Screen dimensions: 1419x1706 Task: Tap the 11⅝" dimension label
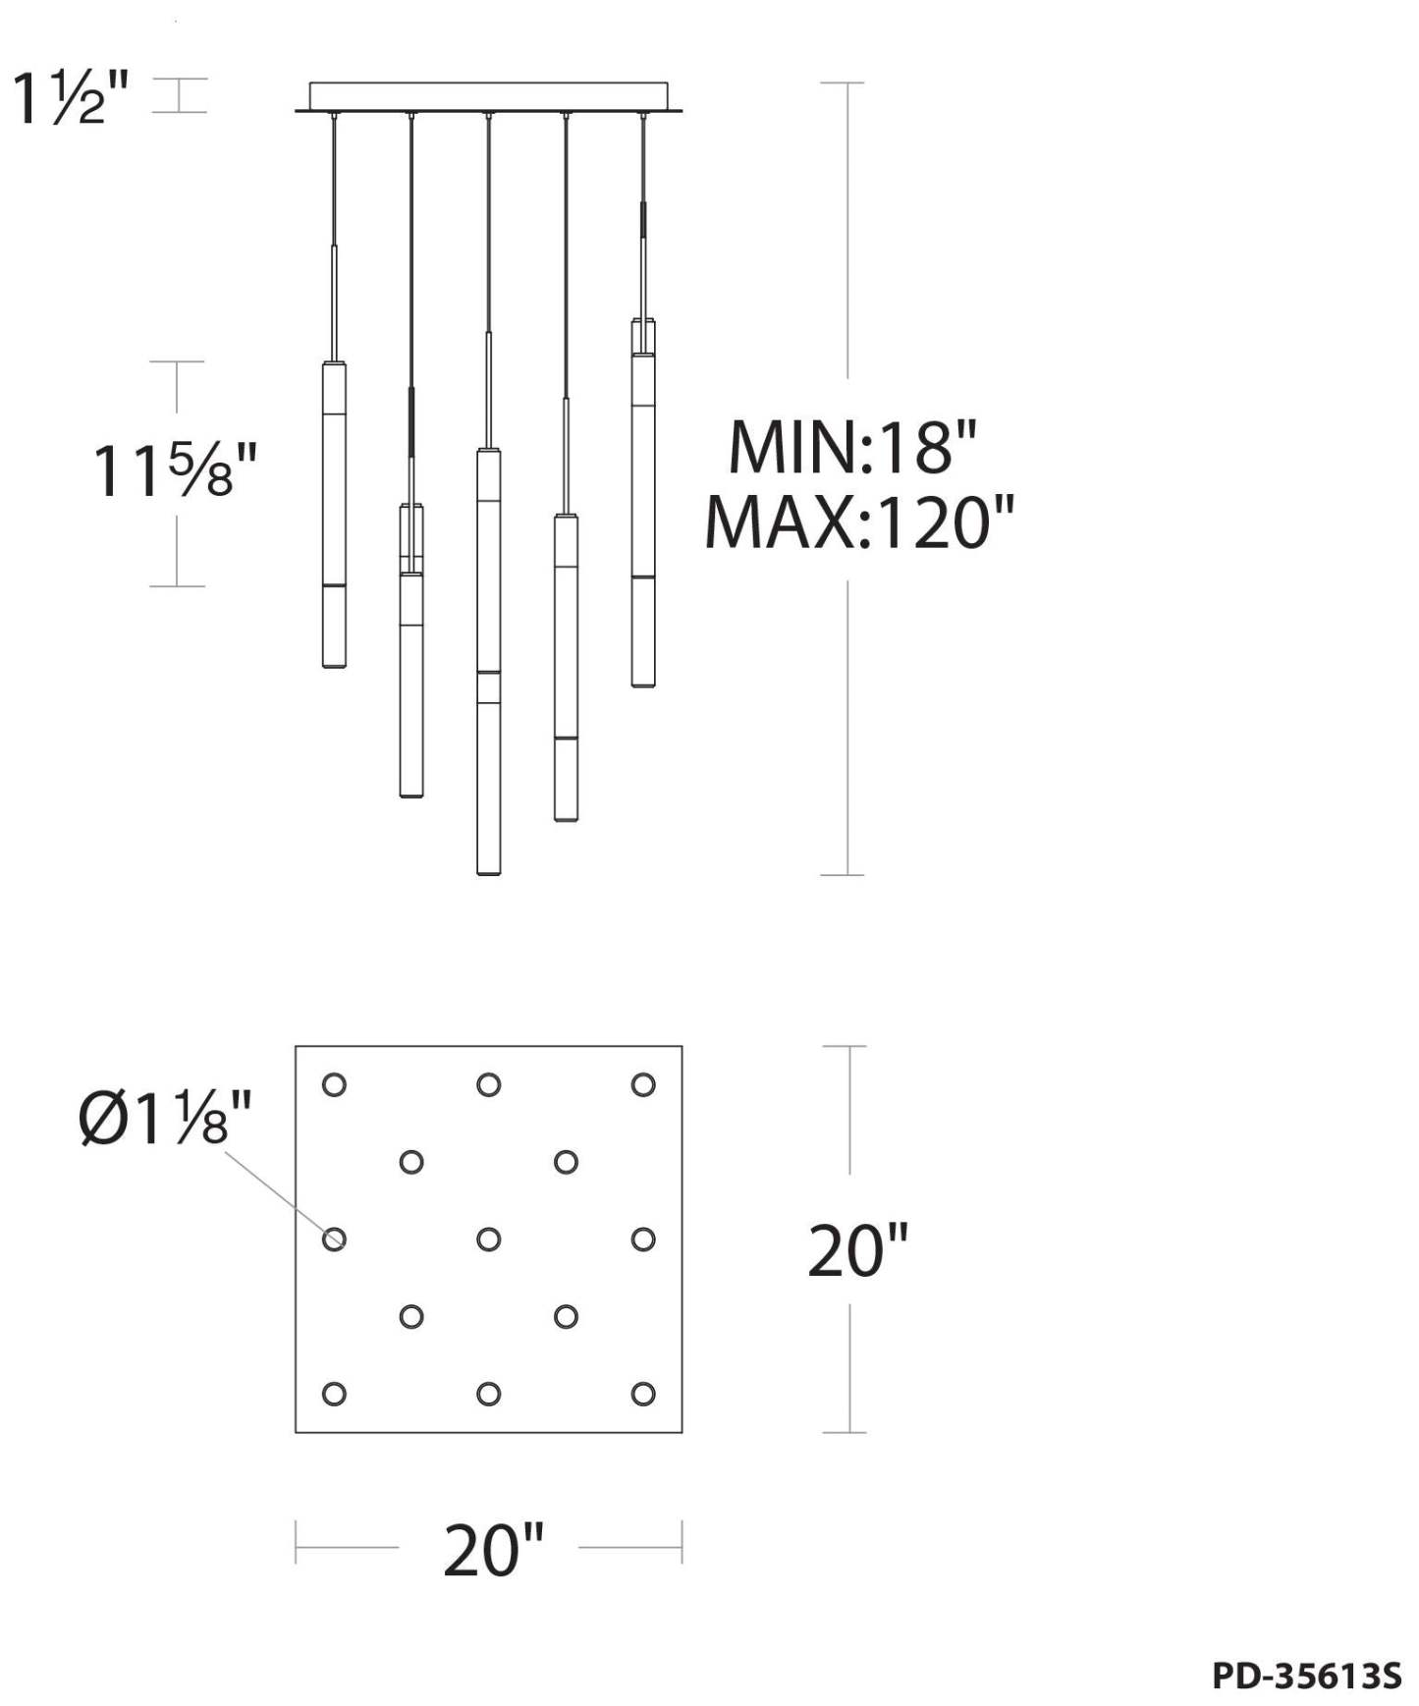(176, 471)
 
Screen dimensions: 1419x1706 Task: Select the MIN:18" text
(853, 447)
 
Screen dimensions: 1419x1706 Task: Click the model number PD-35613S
(1307, 1676)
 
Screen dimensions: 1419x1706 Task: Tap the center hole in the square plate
(489, 1239)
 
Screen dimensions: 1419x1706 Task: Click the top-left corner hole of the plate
(334, 1084)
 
